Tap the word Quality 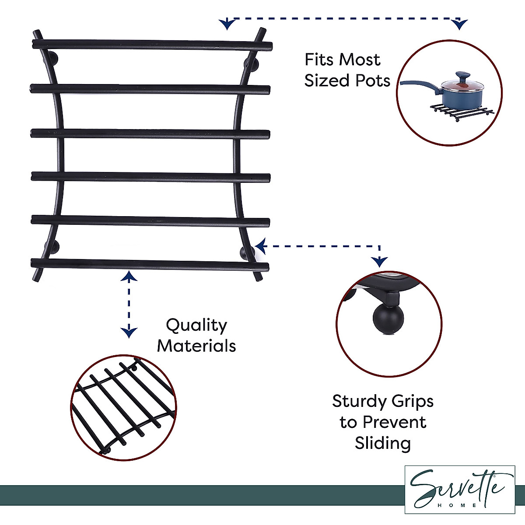(x=196, y=325)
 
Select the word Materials (x=196, y=346)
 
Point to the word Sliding (x=383, y=443)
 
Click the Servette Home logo (x=459, y=489)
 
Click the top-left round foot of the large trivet (x=52, y=58)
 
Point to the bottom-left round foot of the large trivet (x=52, y=247)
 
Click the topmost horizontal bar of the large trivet (x=152, y=44)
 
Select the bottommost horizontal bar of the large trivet (x=150, y=264)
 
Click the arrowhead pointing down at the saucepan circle (x=459, y=24)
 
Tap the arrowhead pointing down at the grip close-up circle (x=379, y=262)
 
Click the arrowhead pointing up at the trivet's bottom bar (x=129, y=276)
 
